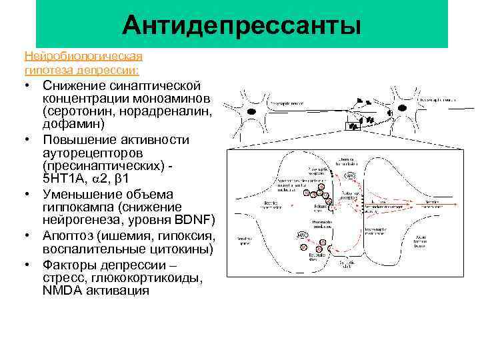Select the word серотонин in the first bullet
73,111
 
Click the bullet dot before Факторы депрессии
30,264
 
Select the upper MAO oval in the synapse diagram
347,175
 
